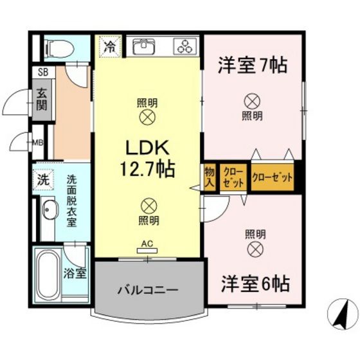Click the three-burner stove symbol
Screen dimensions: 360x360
(186, 46)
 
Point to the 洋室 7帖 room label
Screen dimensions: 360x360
(252, 66)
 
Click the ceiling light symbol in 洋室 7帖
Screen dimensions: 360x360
(251, 100)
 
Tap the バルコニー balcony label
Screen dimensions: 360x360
(147, 290)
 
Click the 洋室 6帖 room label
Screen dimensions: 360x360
(255, 283)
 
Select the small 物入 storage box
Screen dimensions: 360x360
(210, 176)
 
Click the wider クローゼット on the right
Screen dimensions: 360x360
(273, 177)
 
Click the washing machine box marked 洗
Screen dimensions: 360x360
(42, 181)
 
